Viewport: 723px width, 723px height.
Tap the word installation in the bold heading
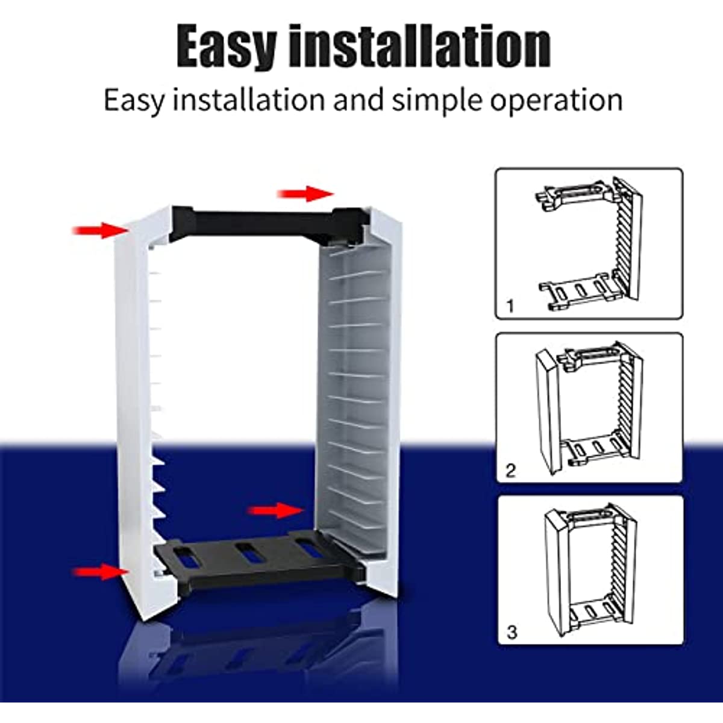(419, 47)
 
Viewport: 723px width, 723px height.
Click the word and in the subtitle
(358, 100)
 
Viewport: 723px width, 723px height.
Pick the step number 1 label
(510, 306)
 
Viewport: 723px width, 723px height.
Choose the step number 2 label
(510, 470)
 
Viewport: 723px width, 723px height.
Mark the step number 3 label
(512, 632)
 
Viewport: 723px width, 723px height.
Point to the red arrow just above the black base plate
(276, 511)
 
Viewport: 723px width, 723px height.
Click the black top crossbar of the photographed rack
(253, 222)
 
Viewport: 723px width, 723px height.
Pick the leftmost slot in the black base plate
(187, 558)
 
